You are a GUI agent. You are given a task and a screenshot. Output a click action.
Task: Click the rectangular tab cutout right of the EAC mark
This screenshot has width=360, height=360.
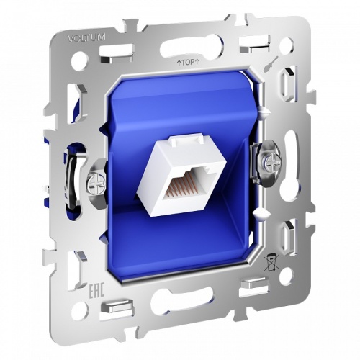click(112, 305)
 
